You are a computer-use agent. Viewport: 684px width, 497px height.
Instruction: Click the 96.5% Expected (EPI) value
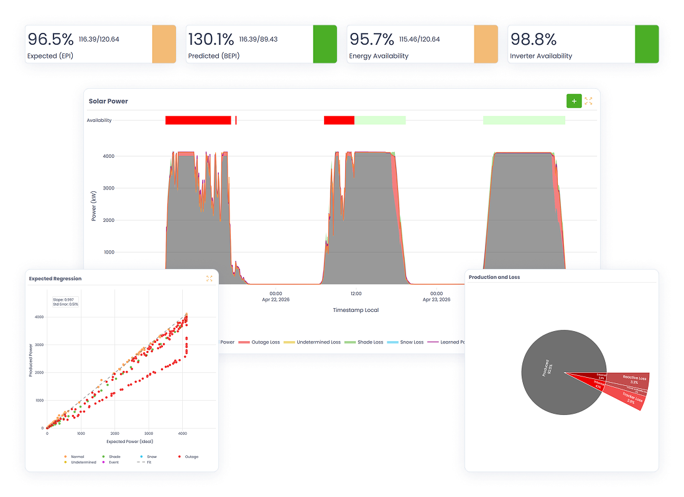[x=50, y=40]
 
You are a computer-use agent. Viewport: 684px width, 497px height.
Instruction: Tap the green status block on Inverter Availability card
[x=647, y=44]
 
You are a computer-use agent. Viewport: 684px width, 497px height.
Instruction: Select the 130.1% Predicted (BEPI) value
[x=212, y=40]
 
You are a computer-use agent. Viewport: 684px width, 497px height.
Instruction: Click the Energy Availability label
[x=379, y=56]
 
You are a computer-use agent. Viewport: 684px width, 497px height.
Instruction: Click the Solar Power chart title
[x=108, y=101]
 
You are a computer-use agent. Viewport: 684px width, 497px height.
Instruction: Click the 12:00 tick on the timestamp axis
[x=356, y=293]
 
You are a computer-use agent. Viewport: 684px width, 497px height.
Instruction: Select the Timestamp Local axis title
[x=356, y=310]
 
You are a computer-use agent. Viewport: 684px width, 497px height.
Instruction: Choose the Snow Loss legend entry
[x=408, y=342]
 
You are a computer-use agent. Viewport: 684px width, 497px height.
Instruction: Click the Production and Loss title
[x=494, y=277]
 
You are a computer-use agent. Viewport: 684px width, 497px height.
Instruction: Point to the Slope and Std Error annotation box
[x=65, y=301]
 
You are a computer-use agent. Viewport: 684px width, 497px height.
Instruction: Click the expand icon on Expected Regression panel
[x=209, y=278]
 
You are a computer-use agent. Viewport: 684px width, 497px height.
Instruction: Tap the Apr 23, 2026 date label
[x=436, y=299]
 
